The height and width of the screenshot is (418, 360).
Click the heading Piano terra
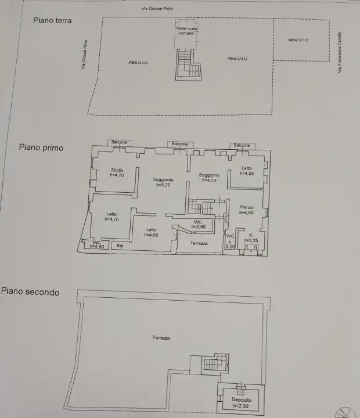click(52, 20)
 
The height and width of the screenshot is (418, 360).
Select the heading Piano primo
click(41, 147)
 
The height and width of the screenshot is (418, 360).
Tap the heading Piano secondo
click(30, 292)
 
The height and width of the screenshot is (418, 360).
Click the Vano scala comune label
click(185, 31)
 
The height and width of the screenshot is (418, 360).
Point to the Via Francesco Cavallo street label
click(339, 52)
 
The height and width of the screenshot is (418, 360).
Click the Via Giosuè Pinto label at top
click(157, 9)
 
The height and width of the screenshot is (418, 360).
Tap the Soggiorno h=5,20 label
click(164, 182)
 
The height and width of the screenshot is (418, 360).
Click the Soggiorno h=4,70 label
click(209, 178)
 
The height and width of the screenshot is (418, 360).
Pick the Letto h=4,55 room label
click(247, 171)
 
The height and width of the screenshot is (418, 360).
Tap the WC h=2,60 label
click(198, 224)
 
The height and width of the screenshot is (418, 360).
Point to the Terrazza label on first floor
click(199, 243)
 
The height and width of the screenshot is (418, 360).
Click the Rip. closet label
click(121, 246)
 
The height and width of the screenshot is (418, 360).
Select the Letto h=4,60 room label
click(151, 232)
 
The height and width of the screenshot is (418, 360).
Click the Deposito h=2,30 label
click(241, 403)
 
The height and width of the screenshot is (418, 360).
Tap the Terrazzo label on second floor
click(161, 337)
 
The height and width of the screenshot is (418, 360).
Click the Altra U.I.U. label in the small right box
click(298, 39)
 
